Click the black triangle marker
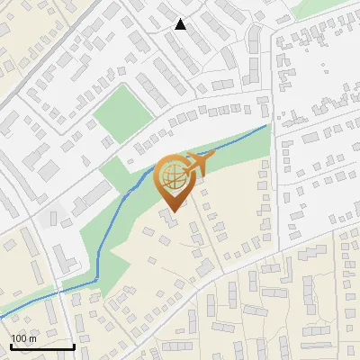(x=181, y=24)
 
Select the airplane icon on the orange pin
(x=200, y=163)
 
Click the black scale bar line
(x=41, y=346)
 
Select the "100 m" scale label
(x=25, y=338)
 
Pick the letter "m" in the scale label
(x=34, y=338)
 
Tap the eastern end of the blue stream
(x=267, y=126)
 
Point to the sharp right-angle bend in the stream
(x=96, y=281)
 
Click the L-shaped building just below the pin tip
(x=170, y=217)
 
